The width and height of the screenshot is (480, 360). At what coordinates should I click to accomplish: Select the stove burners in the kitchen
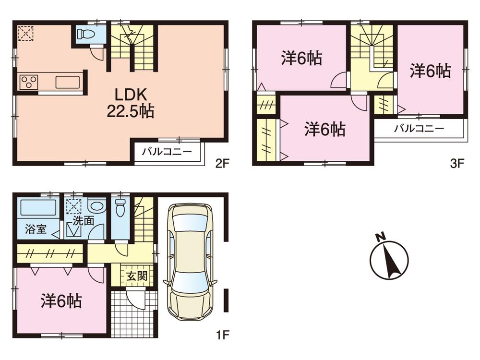click(28, 82)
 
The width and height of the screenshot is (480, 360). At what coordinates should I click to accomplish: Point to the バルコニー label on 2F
click(167, 152)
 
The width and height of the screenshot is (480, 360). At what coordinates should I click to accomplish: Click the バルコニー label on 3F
click(419, 128)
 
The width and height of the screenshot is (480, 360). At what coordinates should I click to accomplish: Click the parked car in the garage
click(190, 264)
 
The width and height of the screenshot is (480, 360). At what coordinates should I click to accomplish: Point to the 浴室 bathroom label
click(36, 229)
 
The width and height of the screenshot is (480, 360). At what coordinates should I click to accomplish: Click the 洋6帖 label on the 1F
click(61, 301)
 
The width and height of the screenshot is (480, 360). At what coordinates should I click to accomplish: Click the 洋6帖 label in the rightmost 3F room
click(430, 72)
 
